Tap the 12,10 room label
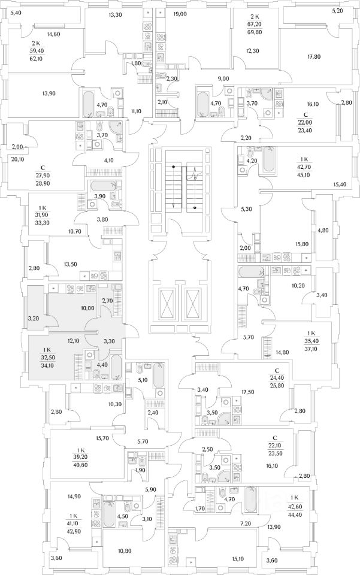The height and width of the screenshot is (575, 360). [x=74, y=341]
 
